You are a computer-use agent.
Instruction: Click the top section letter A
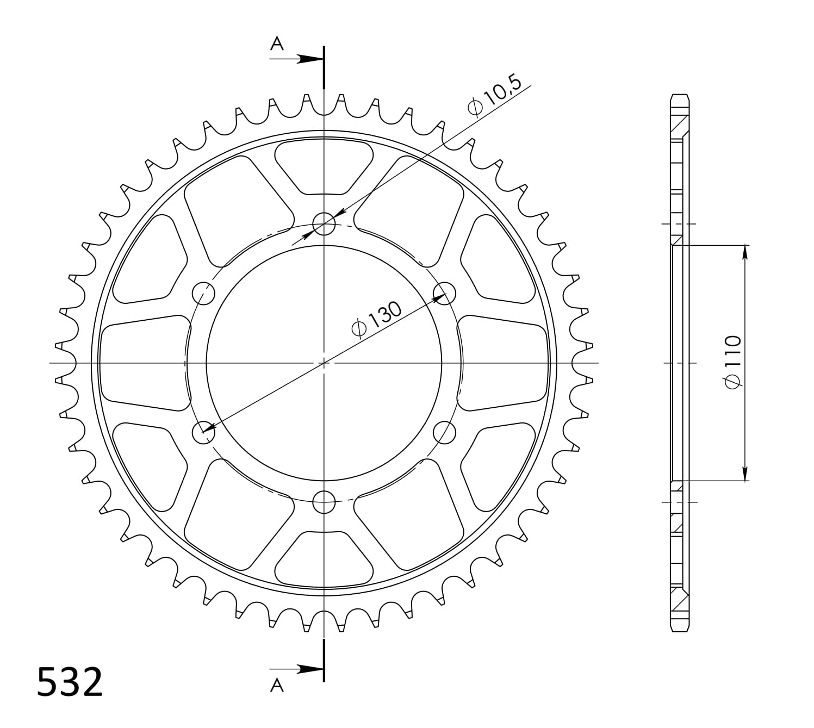[277, 43]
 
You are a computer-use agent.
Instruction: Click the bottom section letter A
[277, 686]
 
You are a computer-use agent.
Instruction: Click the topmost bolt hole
[324, 223]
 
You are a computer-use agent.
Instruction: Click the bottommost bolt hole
[324, 501]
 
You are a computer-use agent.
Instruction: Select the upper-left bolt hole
[204, 293]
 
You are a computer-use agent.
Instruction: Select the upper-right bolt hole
[444, 293]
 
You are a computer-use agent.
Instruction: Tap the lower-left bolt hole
[204, 432]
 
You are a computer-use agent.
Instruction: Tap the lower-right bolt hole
[444, 432]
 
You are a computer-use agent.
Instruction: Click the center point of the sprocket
[324, 363]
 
